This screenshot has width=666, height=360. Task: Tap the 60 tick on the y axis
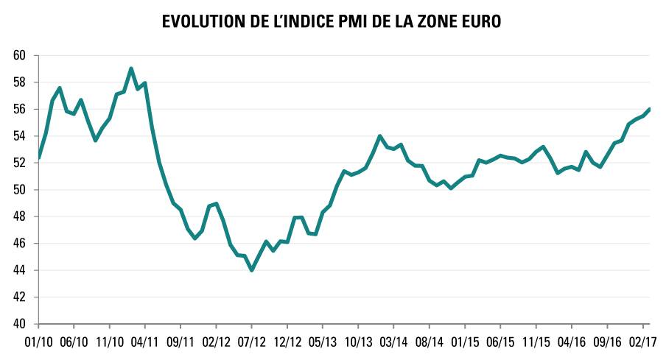point(19,55)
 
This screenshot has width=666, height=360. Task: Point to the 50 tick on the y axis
point(19,190)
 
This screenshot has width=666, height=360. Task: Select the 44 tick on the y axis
point(19,270)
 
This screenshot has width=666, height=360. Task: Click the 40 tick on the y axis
point(19,324)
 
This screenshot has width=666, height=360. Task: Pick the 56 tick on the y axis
point(19,109)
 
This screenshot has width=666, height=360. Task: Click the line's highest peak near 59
point(131,68)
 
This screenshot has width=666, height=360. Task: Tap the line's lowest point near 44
point(252,270)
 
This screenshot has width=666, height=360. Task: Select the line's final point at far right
point(650,109)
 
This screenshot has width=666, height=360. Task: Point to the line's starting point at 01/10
point(39,157)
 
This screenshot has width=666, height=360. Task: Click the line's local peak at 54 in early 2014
point(379,135)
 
